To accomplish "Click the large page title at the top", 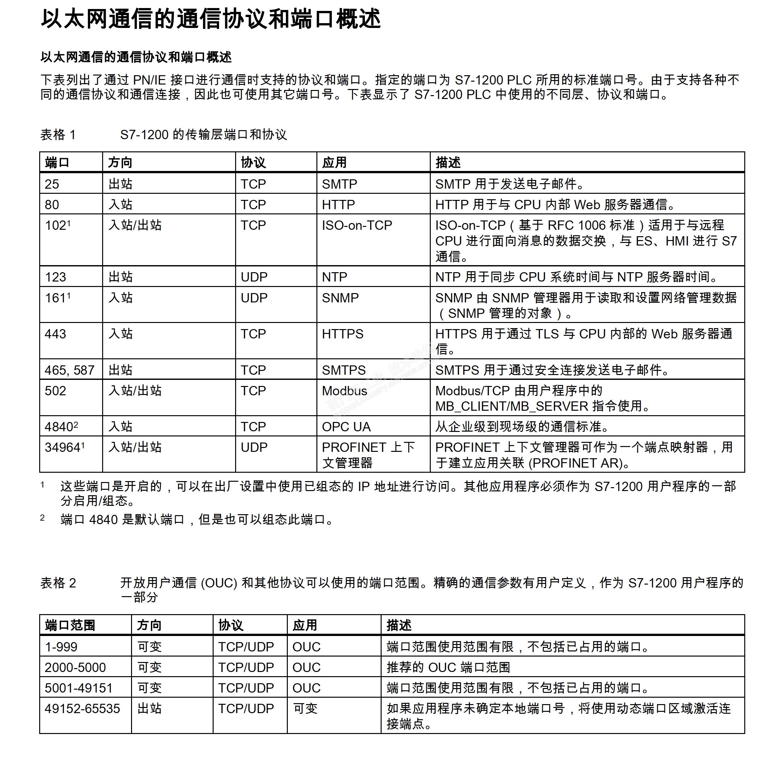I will click(x=211, y=19).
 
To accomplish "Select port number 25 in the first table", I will click(x=52, y=184).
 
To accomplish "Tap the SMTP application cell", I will click(x=339, y=184).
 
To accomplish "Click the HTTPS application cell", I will click(x=342, y=334).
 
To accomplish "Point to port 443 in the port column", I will click(x=55, y=334).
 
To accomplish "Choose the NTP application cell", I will click(x=334, y=277).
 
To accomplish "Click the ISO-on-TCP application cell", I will click(x=357, y=225).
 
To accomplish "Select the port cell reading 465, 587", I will click(x=69, y=370).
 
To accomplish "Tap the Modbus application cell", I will click(x=344, y=391).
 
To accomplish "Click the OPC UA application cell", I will click(x=346, y=426).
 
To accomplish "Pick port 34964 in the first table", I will click(x=63, y=447).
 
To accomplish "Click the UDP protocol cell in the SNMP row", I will click(x=254, y=298).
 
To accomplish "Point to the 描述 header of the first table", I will click(x=448, y=163).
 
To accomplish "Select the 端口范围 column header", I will click(x=70, y=625).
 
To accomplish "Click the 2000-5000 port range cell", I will click(x=75, y=667).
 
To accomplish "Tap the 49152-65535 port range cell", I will click(x=82, y=708).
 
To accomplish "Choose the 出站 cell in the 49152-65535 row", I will click(x=149, y=708).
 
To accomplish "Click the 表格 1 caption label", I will click(x=58, y=135).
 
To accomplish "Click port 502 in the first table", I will click(x=55, y=391).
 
